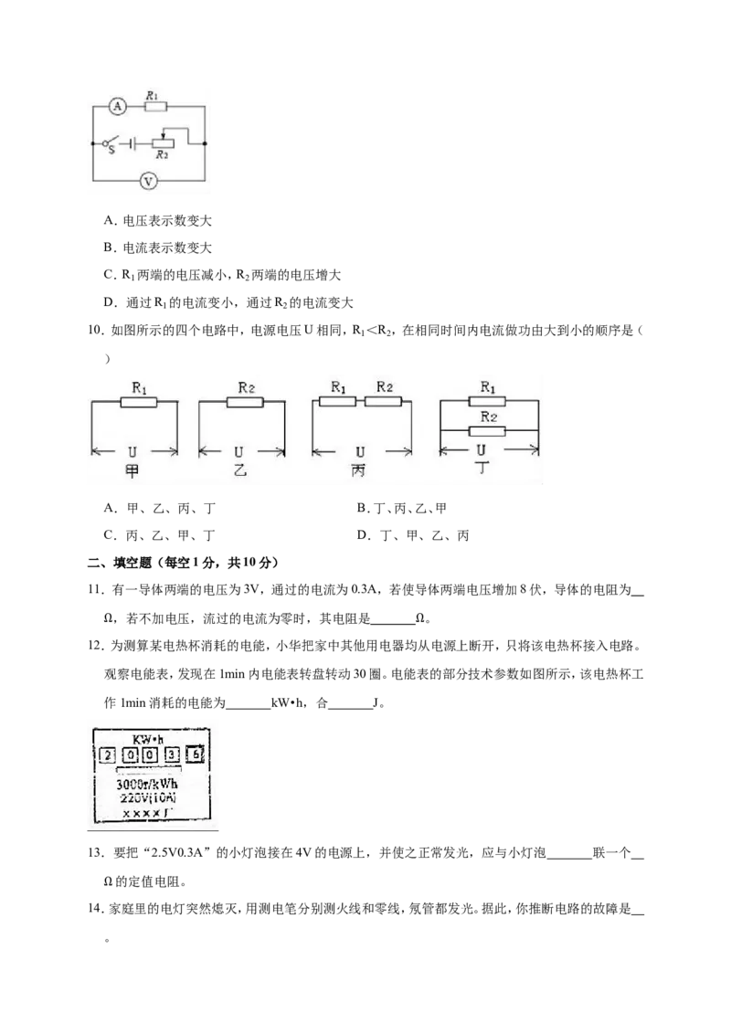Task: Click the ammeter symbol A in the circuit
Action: coord(118,106)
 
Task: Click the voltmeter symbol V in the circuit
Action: coord(149,181)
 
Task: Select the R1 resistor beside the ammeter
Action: coord(155,106)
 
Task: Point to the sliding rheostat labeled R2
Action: coord(163,143)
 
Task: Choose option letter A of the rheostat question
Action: coord(109,221)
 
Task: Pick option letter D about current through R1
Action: coord(109,302)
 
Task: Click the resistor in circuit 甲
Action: coord(139,402)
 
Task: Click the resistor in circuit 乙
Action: coord(246,402)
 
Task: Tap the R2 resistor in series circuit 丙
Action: coord(383,401)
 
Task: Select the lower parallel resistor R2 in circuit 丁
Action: coord(487,431)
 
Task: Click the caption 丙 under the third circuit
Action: coord(359,470)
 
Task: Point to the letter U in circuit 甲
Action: coord(132,452)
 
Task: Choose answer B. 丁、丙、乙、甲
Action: coord(402,508)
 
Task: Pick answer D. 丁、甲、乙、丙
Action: coord(413,535)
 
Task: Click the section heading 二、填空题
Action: coord(120,563)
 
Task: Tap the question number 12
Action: coord(95,646)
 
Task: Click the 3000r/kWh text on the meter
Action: coord(146,784)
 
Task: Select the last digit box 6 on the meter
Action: coord(196,754)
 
